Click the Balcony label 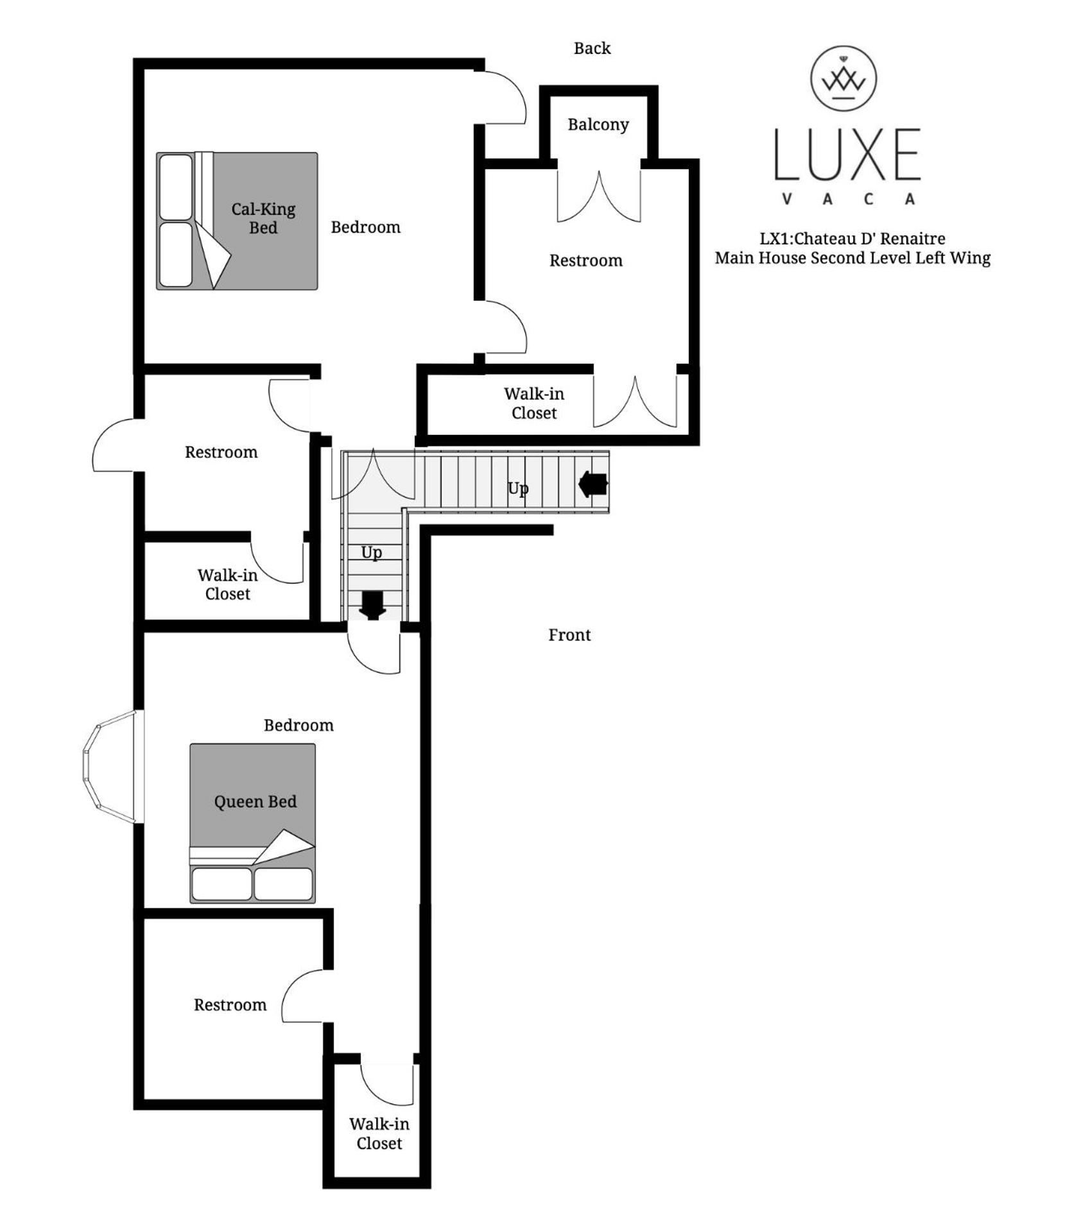point(598,124)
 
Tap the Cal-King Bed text point(263,218)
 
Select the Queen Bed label point(256,801)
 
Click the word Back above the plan point(592,48)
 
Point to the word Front point(569,634)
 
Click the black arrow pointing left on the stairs point(593,484)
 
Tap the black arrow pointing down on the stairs point(372,605)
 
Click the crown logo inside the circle point(844,80)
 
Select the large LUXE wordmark point(847,154)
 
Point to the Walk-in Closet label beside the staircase point(227,584)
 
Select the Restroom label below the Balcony point(585,260)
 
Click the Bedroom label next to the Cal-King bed point(365,227)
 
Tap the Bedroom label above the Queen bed point(299,725)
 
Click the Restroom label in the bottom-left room point(230,1005)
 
